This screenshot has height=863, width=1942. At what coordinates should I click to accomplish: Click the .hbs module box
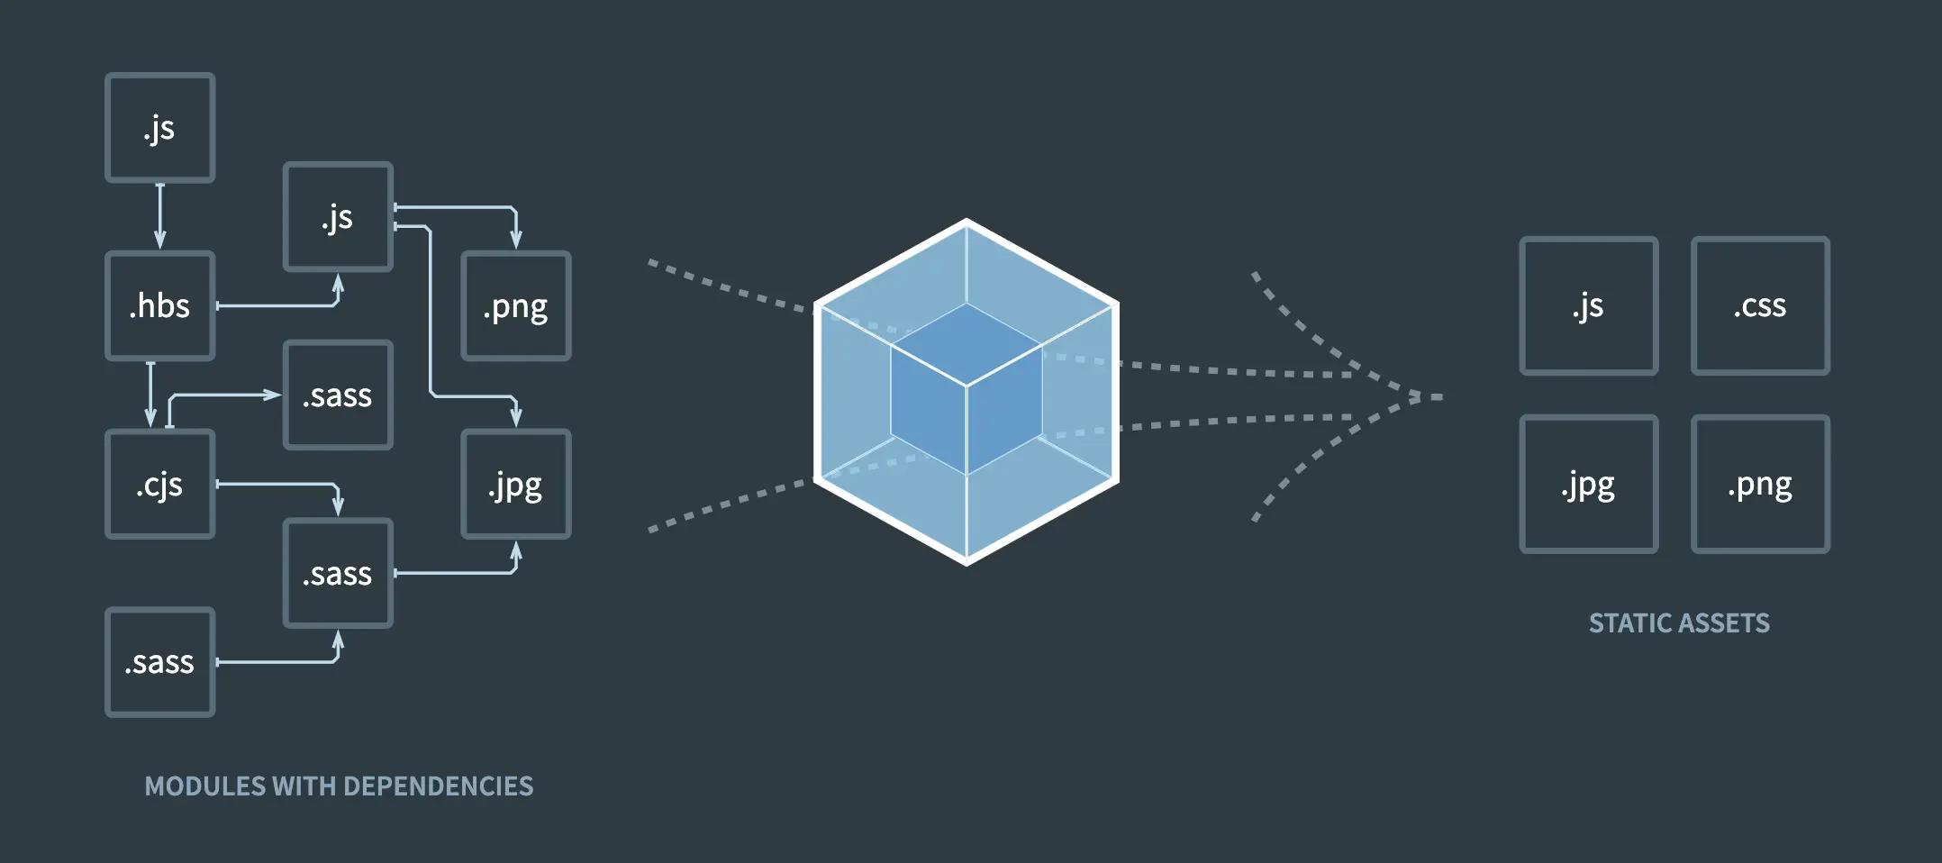[x=159, y=306]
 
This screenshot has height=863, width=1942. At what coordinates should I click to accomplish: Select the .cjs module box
[x=159, y=485]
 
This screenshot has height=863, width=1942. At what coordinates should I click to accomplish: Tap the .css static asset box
[x=1759, y=305]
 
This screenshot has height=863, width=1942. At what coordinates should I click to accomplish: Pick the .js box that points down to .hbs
[x=159, y=128]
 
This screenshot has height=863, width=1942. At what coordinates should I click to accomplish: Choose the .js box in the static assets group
[x=1588, y=305]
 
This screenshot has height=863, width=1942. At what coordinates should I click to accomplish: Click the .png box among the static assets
[x=1759, y=484]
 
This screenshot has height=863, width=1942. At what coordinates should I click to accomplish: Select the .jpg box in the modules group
[x=515, y=485]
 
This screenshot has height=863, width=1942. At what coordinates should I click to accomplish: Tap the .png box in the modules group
[x=515, y=306]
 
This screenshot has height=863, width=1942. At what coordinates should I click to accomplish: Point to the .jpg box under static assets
[x=1588, y=484]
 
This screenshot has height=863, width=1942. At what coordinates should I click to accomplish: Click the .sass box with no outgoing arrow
[x=338, y=395]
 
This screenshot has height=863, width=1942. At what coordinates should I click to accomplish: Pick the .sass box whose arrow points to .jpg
[x=338, y=573]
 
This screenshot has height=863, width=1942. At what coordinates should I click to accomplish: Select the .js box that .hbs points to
[x=338, y=217]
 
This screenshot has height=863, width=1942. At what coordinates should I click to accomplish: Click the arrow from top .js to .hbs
[x=160, y=216]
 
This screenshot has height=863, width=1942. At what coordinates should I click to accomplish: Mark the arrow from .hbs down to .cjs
[x=150, y=395]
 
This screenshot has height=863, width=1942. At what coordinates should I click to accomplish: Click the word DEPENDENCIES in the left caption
[x=438, y=786]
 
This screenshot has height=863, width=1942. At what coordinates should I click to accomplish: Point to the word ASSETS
[x=1725, y=623]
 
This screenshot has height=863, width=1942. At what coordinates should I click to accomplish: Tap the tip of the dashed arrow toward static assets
[x=1436, y=396]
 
